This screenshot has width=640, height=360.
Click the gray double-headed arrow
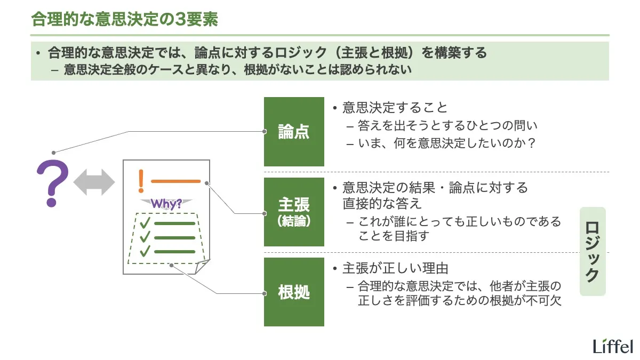(x=94, y=183)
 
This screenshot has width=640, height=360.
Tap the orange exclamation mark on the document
(x=141, y=181)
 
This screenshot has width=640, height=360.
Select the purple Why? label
(x=166, y=203)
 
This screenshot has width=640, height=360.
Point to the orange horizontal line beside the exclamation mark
(x=175, y=181)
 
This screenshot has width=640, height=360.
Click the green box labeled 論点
(x=294, y=132)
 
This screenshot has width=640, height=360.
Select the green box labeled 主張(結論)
(x=294, y=212)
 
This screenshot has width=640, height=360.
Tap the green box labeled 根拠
(x=294, y=292)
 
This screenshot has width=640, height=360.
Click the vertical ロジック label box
(x=593, y=251)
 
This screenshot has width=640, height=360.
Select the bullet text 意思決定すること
(x=394, y=108)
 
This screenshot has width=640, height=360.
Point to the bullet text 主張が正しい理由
(x=394, y=268)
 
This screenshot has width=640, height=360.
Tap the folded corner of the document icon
(x=202, y=266)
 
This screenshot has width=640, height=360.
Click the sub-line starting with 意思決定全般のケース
(x=237, y=70)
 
